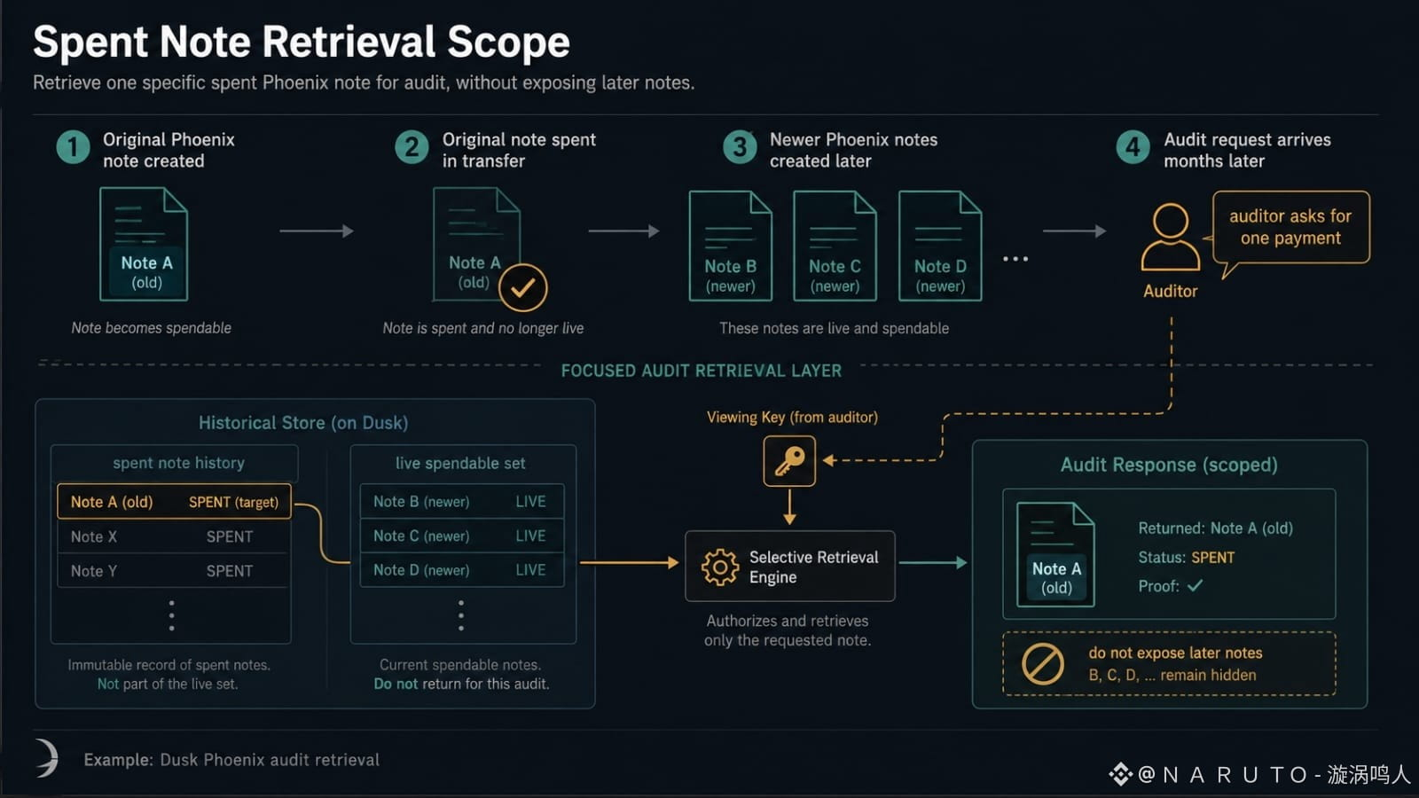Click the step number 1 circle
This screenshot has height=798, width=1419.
click(74, 147)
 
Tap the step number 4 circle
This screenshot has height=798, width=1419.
click(1133, 147)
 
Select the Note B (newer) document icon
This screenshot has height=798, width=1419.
click(731, 246)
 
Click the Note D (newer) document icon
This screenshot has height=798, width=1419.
click(940, 246)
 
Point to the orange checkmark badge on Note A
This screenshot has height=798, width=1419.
click(522, 287)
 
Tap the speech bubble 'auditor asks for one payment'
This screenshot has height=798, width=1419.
click(1290, 227)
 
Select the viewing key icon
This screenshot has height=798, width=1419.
click(789, 461)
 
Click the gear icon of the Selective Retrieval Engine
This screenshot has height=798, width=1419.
click(719, 567)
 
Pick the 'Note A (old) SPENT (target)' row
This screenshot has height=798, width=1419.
click(174, 502)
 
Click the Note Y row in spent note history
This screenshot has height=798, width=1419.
click(172, 571)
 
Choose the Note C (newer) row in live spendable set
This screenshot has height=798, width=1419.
click(462, 536)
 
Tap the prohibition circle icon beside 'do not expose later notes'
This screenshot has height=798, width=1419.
click(1043, 664)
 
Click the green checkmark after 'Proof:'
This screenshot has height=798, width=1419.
click(1195, 586)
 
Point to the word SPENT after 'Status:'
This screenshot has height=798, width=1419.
click(1212, 558)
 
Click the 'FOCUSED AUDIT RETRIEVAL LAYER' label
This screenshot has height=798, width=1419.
click(702, 371)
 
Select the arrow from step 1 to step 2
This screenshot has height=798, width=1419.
click(317, 231)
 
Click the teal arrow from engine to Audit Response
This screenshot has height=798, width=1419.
click(933, 562)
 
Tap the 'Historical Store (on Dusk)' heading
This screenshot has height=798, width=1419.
click(303, 422)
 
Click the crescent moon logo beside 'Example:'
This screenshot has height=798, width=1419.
click(48, 757)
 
